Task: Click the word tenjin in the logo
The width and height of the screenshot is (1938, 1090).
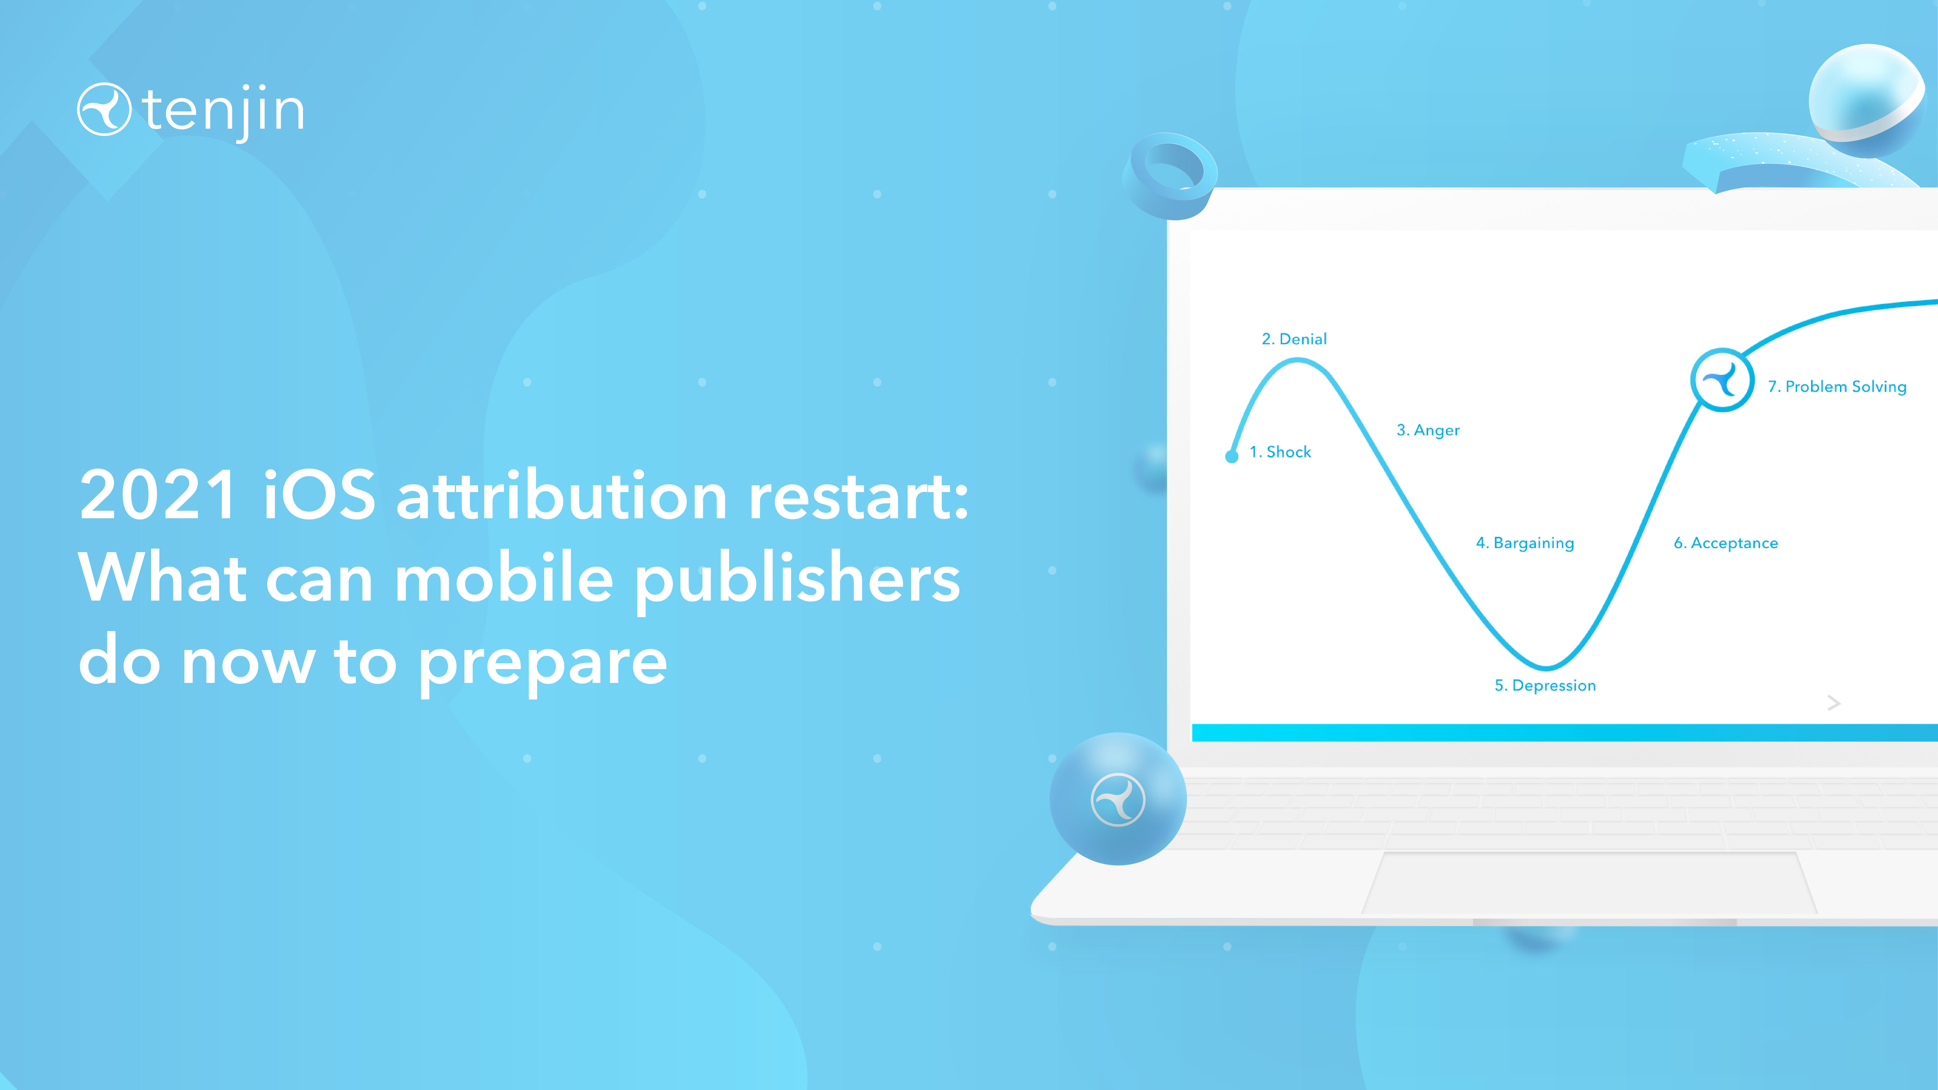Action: tap(223, 111)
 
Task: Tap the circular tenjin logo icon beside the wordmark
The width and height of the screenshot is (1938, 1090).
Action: tap(104, 109)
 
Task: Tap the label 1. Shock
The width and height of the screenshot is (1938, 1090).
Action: tap(1280, 452)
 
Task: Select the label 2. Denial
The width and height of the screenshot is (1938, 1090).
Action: tap(1294, 339)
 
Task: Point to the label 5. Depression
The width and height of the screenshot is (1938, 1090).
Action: tap(1545, 685)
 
